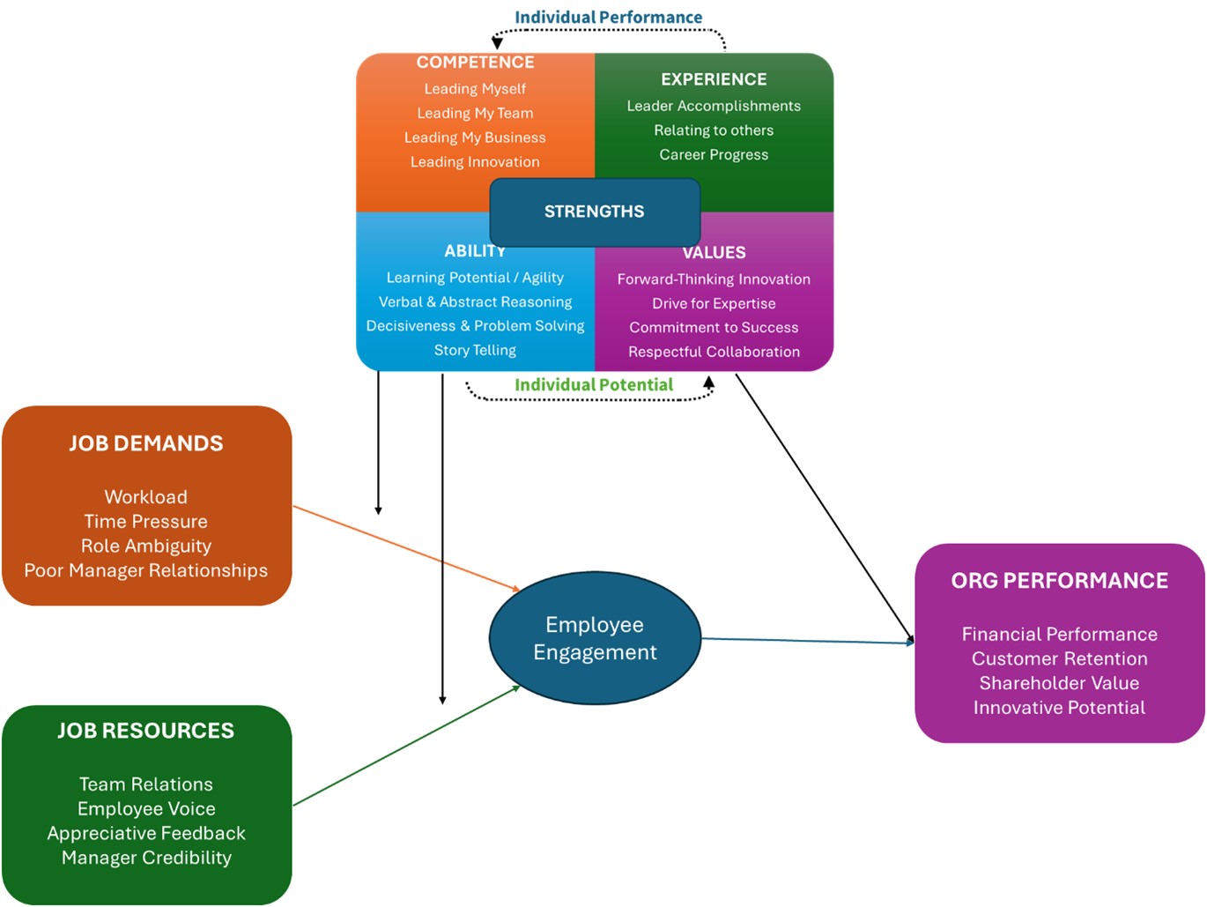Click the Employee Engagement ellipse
[595, 638]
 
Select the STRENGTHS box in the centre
[595, 212]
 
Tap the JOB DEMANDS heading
[146, 443]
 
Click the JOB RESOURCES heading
[146, 731]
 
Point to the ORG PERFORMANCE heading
[1059, 581]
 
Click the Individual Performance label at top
[608, 18]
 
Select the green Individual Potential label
[594, 385]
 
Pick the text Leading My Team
[475, 114]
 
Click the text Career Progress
[714, 155]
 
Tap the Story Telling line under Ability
[475, 351]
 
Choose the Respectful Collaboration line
[714, 352]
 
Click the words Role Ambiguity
[146, 546]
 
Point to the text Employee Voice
[146, 809]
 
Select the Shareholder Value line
[1059, 683]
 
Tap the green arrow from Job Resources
[405, 746]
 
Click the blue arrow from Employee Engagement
[806, 641]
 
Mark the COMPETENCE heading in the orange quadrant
[475, 63]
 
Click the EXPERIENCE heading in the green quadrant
[714, 79]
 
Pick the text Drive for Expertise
[714, 304]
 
